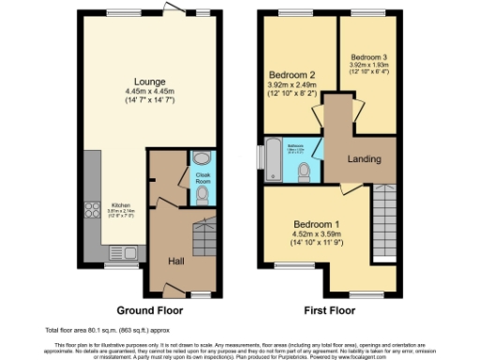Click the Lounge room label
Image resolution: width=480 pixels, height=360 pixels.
149,81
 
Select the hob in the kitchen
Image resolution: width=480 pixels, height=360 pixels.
94,214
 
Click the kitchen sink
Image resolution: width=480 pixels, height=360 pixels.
121,250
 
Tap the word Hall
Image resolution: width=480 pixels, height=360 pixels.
176,262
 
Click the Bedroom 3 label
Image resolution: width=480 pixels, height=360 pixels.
370,57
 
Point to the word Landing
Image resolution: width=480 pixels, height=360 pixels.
363,159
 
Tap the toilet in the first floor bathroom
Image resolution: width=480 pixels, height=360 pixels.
306,172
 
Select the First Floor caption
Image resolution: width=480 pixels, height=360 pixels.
330,309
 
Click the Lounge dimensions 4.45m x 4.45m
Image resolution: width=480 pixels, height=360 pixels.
149,91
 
